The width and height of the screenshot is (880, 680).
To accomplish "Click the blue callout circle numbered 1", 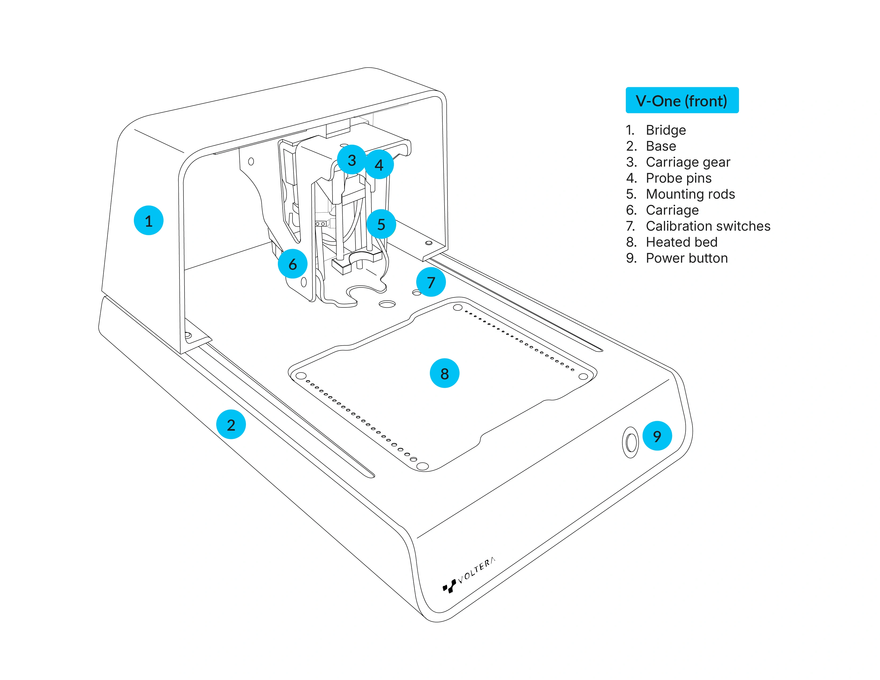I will point(148,220).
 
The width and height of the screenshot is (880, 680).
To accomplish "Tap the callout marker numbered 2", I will point(231,425).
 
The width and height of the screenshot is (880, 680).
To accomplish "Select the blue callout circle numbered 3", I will point(351,160).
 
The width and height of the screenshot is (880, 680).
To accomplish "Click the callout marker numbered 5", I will point(381,224).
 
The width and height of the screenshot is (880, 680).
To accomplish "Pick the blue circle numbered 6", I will point(293,264).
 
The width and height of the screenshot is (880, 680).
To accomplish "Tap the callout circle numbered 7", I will point(431,282).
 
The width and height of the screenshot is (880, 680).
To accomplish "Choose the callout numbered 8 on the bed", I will point(445,373).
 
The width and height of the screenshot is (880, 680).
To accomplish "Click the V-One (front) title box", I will point(682,100).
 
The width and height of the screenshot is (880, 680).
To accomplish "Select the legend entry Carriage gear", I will point(687,162).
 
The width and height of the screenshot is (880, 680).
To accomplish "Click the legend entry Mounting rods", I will point(690,194).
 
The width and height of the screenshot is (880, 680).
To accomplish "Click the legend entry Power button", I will point(687,258).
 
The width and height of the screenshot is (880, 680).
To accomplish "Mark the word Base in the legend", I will point(661,146).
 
